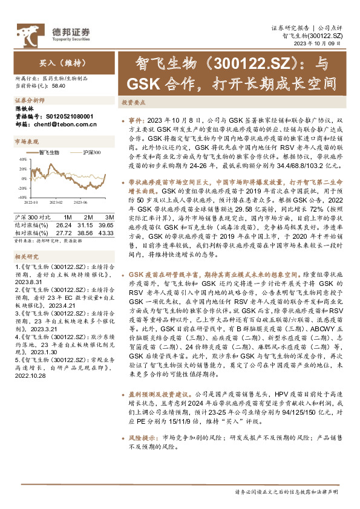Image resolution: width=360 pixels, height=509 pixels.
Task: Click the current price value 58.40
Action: [59, 86]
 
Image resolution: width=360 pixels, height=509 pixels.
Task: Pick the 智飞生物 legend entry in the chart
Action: [48, 153]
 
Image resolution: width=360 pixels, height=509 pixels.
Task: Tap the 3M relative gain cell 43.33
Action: [106, 232]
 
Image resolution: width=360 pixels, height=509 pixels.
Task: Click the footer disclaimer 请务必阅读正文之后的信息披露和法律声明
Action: [286, 493]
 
